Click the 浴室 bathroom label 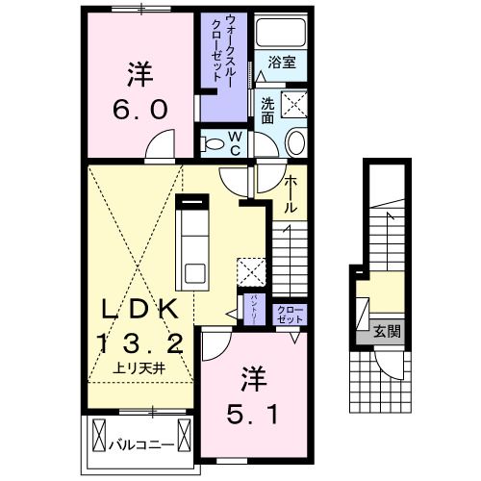coord(282,63)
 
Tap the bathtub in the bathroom coord(281,32)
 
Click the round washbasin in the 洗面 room coord(295,143)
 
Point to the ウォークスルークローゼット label coord(224,48)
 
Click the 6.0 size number coord(140,110)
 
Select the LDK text coord(139,309)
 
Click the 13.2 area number coord(140,342)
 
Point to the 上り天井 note coord(139,369)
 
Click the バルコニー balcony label coord(141,445)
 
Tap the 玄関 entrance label coord(388,331)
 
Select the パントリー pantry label coord(255,310)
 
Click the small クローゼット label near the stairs coord(290,315)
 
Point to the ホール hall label coord(290,194)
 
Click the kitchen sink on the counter coord(195,273)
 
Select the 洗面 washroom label coord(267,111)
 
